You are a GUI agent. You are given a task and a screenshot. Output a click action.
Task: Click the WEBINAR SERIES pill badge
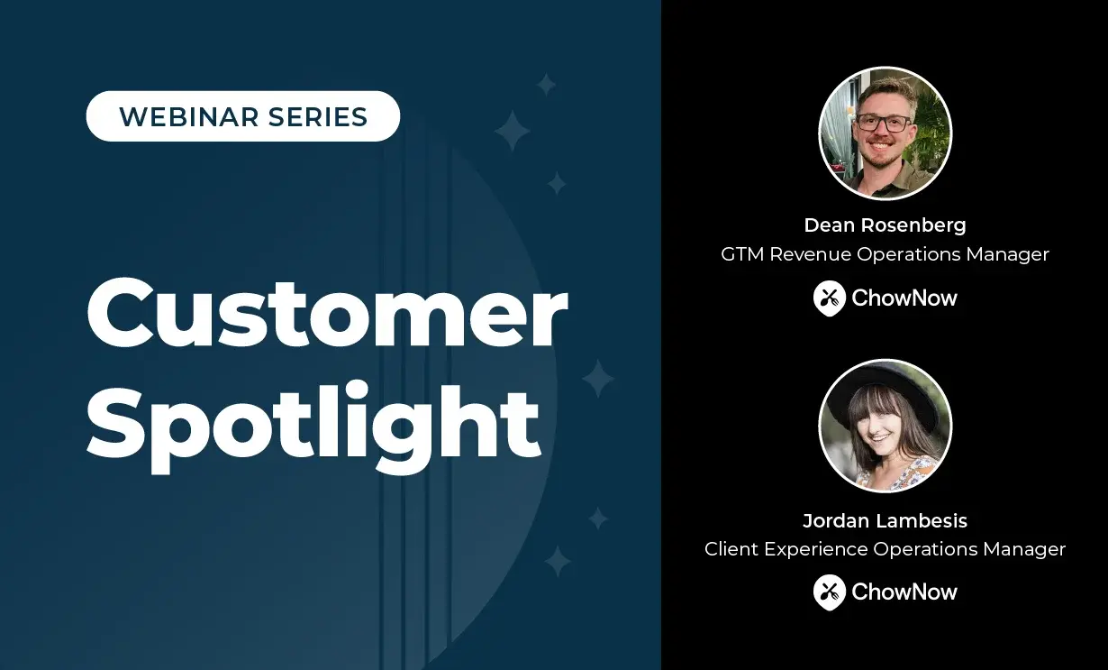click(x=243, y=116)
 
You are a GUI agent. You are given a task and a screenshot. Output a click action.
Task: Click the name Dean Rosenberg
click(x=885, y=225)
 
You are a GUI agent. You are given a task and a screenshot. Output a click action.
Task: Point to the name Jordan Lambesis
click(x=885, y=520)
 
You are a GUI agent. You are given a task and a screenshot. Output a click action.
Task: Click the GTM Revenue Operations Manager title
click(x=885, y=254)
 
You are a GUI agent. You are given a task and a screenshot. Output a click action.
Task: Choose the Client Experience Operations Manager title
click(x=885, y=549)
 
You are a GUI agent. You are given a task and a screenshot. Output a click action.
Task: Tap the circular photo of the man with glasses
click(x=885, y=133)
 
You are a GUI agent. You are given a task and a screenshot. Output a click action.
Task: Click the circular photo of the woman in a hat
click(x=885, y=426)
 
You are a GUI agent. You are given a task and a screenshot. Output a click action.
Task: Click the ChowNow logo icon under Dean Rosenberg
click(x=829, y=298)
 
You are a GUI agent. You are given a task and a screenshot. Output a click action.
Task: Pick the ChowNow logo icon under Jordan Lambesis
click(x=829, y=592)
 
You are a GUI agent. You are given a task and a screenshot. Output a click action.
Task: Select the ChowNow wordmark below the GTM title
click(x=904, y=298)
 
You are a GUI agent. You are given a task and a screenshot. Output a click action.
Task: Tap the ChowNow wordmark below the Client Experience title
click(x=904, y=592)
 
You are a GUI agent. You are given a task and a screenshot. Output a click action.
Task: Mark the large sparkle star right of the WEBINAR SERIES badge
click(x=513, y=132)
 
